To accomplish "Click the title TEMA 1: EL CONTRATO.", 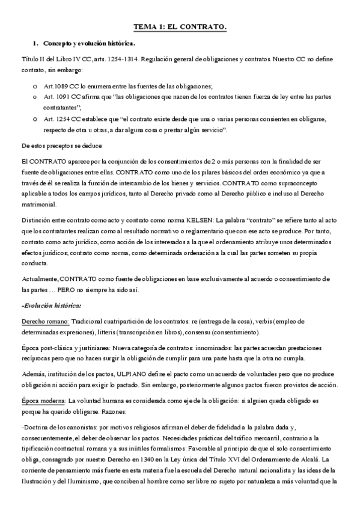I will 180,28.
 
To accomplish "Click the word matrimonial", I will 39,204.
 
